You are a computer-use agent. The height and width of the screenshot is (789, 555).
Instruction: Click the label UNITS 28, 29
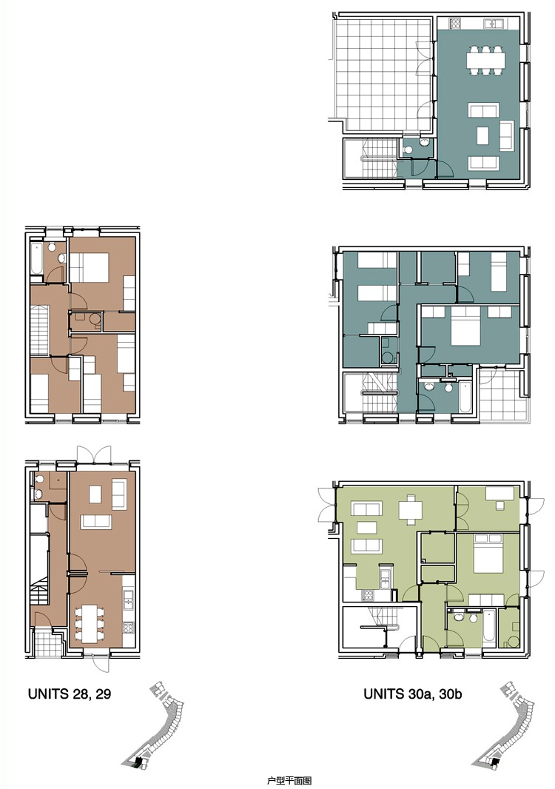70,694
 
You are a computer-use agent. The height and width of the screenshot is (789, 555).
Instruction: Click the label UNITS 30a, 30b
413,694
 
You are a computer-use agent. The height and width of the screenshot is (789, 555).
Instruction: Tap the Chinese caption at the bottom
289,780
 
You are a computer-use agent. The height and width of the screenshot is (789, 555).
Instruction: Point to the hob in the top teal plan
455,23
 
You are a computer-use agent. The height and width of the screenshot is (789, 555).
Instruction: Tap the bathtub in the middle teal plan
465,397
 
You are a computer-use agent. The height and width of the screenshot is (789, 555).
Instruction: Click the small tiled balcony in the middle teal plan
502,395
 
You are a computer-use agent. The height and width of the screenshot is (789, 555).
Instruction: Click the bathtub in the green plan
488,625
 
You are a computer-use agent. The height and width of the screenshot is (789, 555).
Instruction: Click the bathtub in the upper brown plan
36,258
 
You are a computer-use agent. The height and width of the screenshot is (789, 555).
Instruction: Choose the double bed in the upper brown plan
89,267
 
